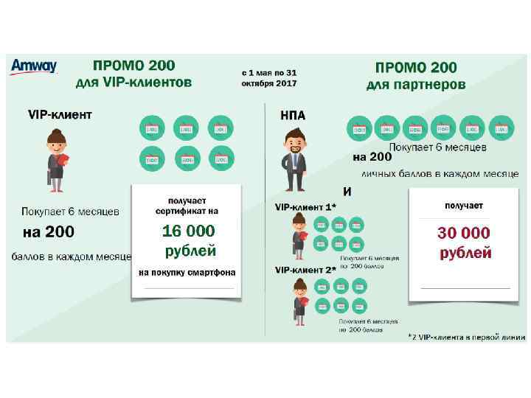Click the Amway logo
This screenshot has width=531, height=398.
33,67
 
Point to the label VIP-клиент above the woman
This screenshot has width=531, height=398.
60,114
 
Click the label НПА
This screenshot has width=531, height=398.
293,115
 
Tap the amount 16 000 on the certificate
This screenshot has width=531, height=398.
188,231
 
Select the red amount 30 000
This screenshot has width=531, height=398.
463,233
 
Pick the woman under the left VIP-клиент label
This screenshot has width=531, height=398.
57,158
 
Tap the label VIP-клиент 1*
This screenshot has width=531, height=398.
305,207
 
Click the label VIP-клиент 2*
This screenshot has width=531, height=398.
305,270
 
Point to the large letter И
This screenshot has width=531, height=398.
347,192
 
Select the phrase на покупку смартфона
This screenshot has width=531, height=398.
187,273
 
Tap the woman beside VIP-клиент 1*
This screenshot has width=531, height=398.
299,237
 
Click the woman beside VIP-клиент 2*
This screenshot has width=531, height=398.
299,301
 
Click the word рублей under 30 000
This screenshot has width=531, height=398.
465,253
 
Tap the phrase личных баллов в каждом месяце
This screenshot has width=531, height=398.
440,174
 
